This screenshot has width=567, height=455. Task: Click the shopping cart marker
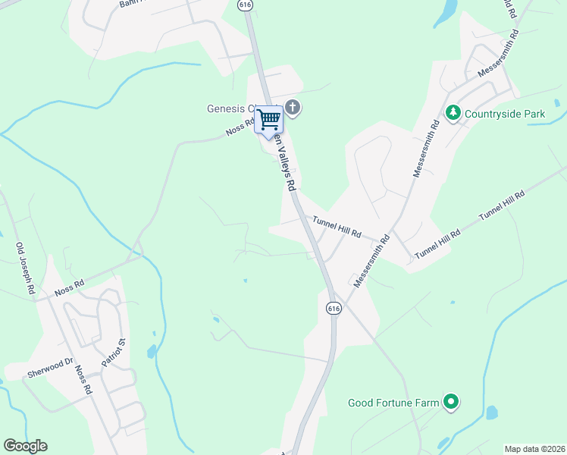click(268, 121)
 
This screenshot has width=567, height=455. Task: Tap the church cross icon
click(293, 108)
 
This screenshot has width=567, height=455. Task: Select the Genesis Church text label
click(232, 108)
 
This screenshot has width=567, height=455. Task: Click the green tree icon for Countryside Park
click(453, 114)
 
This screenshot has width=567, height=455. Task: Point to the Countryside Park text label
click(505, 114)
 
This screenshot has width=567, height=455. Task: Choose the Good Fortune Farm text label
click(393, 403)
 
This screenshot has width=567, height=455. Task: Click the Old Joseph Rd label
click(26, 268)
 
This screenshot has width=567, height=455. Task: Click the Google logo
click(25, 446)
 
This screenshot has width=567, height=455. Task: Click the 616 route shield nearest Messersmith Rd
click(334, 308)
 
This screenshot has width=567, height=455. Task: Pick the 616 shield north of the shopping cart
click(244, 5)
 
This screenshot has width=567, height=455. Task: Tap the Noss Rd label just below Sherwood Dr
click(83, 380)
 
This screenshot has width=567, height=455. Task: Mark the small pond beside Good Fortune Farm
click(491, 413)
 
